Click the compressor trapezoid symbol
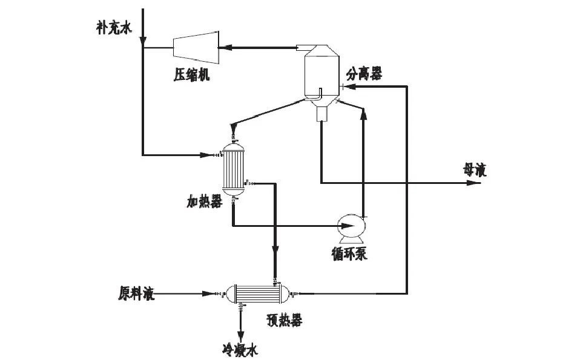coord(196,47)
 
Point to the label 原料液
coord(136,294)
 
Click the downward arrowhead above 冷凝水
coord(241,336)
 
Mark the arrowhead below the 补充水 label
coord(142,42)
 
